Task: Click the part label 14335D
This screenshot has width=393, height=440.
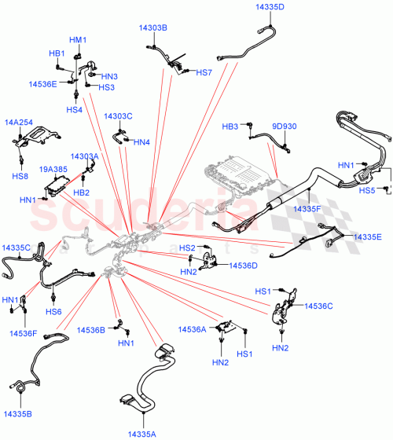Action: (270, 6)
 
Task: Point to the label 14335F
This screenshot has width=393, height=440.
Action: (308, 209)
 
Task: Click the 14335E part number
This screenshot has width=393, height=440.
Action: (367, 236)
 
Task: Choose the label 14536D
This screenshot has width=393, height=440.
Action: (243, 266)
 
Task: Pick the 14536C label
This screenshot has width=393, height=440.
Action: (319, 306)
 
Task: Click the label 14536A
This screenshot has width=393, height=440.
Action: (193, 330)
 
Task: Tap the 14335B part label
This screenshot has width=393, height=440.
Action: (18, 412)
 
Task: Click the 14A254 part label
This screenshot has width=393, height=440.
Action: (18, 123)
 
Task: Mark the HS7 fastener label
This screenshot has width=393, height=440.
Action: (204, 72)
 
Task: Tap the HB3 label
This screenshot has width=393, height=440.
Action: (230, 126)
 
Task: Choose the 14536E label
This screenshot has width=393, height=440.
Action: (43, 83)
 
